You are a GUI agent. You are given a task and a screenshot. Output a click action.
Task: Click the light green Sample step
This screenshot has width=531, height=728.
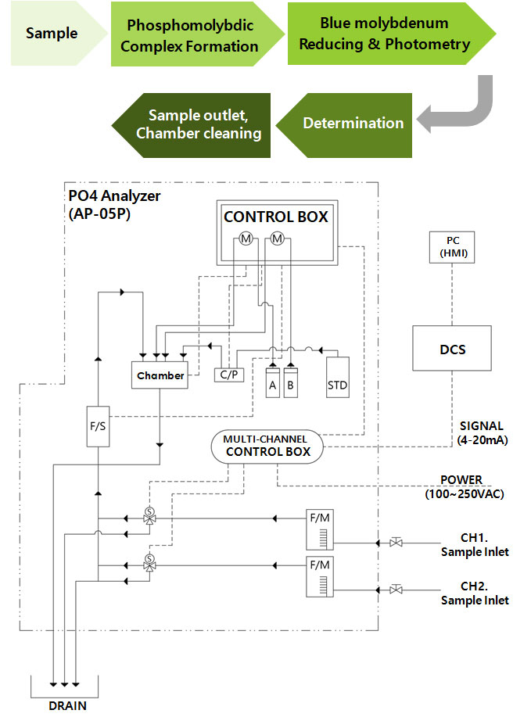click(52, 34)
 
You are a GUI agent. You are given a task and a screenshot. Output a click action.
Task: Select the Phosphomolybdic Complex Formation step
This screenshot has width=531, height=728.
click(189, 36)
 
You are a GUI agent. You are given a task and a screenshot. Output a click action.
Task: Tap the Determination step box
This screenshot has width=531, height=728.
click(352, 123)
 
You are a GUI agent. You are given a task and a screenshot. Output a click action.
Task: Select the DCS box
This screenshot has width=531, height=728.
click(452, 348)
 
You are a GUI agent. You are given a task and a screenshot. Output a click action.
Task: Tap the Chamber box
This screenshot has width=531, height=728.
click(160, 375)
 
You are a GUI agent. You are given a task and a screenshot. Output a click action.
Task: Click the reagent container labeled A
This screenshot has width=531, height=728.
click(272, 382)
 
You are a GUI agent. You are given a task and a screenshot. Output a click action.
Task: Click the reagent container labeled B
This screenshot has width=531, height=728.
click(291, 382)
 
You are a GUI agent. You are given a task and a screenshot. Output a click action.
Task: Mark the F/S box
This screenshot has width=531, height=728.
click(98, 426)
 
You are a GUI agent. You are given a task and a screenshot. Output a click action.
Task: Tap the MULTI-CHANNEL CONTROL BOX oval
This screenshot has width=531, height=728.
click(267, 446)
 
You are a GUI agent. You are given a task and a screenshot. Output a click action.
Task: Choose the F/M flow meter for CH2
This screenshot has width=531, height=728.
click(319, 576)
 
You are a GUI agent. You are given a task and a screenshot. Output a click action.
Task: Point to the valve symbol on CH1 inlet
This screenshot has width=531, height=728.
click(396, 541)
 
